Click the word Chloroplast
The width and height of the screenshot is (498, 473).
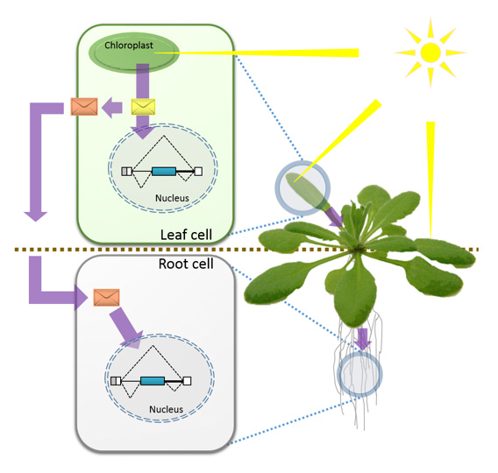pyautogui.click(x=129, y=46)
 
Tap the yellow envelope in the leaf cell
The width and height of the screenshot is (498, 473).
pyautogui.click(x=143, y=107)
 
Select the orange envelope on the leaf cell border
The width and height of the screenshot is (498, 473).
pyautogui.click(x=84, y=106)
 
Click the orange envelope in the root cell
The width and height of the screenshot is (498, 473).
pyautogui.click(x=106, y=297)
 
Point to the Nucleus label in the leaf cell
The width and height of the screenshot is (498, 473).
pyautogui.click(x=172, y=198)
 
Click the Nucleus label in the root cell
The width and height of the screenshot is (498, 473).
pyautogui.click(x=166, y=409)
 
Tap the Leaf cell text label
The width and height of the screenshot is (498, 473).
pyautogui.click(x=186, y=235)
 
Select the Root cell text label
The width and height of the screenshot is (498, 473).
pyautogui.click(x=186, y=264)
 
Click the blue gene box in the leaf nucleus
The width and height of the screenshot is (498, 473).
pyautogui.click(x=164, y=172)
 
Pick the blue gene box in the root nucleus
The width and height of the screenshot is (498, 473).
pyautogui.click(x=153, y=381)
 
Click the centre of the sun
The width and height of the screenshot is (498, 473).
pyautogui.click(x=430, y=53)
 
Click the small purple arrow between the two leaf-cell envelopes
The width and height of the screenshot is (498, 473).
pyautogui.click(x=112, y=107)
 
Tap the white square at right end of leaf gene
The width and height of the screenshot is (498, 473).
pyautogui.click(x=198, y=172)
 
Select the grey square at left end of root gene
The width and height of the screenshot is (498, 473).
pyautogui.click(x=114, y=381)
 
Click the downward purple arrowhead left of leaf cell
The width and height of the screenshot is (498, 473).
pyautogui.click(x=36, y=215)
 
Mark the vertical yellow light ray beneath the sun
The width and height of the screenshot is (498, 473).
pyautogui.click(x=430, y=180)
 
